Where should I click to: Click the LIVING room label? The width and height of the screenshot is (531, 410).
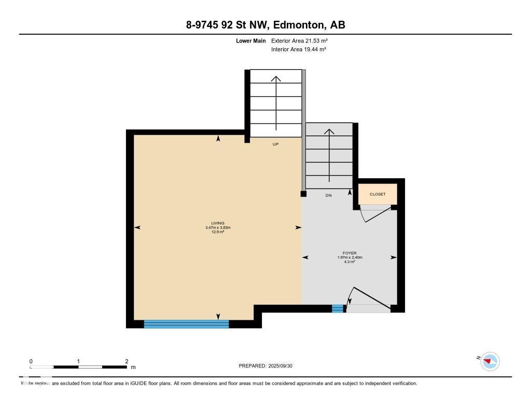coord(218,223)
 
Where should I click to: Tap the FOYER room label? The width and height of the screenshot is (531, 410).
coord(350,253)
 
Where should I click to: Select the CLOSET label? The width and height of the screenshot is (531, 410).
coord(378,194)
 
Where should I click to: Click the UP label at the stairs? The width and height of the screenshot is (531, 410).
coord(276,144)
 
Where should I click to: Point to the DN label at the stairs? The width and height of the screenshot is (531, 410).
coord(328,195)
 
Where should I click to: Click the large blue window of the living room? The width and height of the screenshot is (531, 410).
coord(186,324)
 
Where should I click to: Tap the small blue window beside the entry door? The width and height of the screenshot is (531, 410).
coord(338,309)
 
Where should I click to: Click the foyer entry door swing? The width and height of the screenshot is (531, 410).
coord(369,298)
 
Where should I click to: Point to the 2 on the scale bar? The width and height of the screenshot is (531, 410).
coord(127,361)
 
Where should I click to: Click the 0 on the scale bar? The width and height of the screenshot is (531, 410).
coord(31,361)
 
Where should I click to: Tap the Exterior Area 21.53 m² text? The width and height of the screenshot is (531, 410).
coord(299,40)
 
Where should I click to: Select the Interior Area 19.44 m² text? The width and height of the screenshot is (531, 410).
coord(299,49)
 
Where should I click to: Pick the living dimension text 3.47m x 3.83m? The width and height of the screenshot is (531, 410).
coord(218,228)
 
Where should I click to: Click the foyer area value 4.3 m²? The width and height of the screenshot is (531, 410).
coord(350,262)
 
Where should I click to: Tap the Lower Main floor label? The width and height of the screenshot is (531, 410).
coord(250,40)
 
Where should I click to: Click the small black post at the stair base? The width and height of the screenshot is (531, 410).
coord(303,194)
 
